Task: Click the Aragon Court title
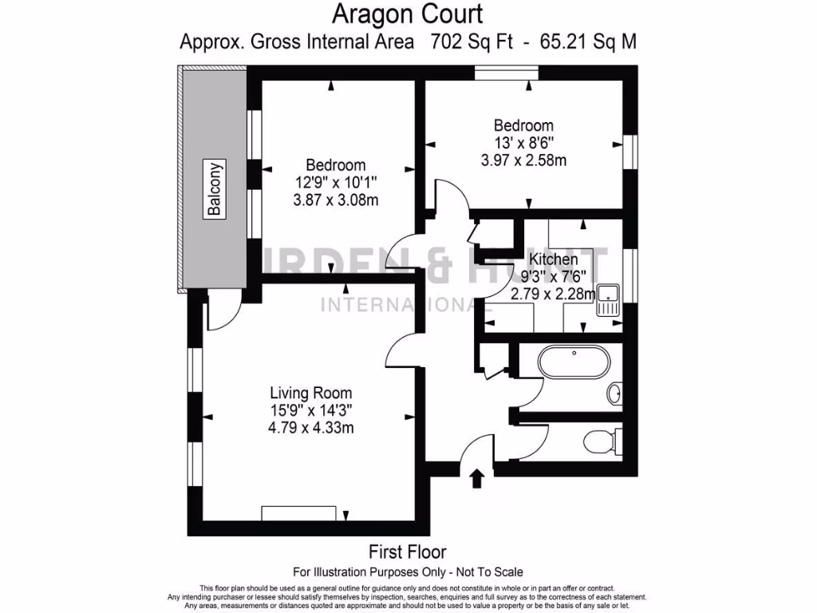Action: (408, 14)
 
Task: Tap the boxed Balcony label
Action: (214, 189)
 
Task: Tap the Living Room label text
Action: (310, 393)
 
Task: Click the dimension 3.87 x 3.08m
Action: (336, 200)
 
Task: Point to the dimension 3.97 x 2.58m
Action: (523, 160)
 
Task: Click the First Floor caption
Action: (407, 552)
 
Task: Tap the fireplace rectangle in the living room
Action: (299, 512)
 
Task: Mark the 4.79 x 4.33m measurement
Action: (310, 428)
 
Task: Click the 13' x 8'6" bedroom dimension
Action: (523, 143)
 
